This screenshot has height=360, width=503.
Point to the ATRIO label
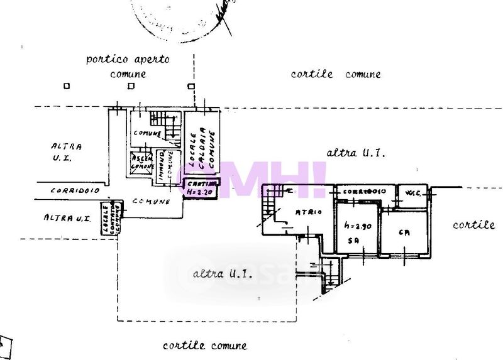click(308, 212)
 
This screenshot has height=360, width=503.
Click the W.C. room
click(413, 192)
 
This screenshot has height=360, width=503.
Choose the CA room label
click(404, 232)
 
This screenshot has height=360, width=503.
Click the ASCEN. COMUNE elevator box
click(142, 163)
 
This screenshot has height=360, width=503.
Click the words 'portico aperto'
click(128, 60)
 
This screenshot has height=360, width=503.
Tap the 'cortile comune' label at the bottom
click(204, 345)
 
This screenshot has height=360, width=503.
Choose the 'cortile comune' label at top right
click(335, 74)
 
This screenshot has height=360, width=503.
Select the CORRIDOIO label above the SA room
click(364, 191)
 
